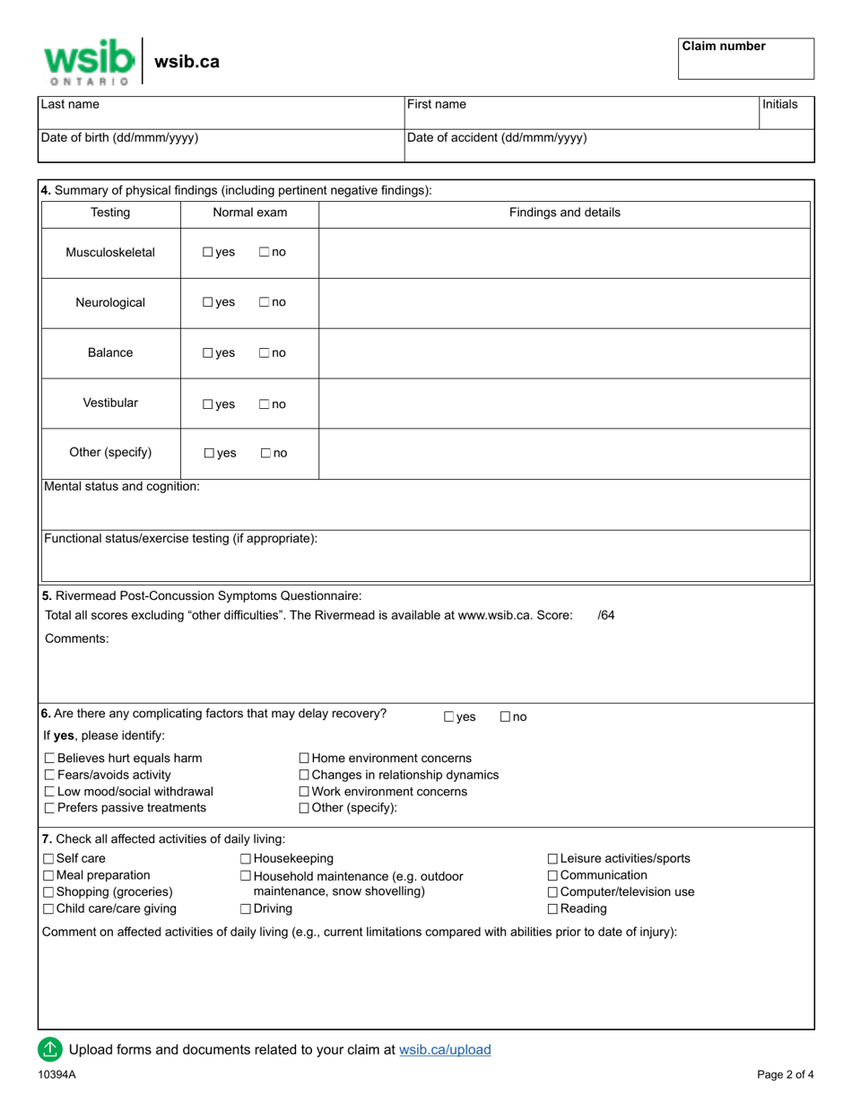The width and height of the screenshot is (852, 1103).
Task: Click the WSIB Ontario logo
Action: [89, 61]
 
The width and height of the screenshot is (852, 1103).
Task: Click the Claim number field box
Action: [745, 59]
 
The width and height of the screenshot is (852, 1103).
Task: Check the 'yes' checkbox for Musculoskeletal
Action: [208, 253]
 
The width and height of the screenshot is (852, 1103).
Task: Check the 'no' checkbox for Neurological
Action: [265, 303]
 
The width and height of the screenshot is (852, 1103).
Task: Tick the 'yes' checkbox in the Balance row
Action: [208, 353]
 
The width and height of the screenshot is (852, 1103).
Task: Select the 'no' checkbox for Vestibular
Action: [265, 404]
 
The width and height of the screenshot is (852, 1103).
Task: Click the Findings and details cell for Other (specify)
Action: [564, 453]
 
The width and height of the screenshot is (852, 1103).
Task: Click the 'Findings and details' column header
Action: [564, 213]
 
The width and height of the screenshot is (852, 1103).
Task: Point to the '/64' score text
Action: [606, 615]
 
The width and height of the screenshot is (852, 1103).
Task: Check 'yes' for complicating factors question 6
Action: [449, 717]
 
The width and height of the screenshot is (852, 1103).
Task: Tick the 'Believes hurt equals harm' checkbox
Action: [49, 759]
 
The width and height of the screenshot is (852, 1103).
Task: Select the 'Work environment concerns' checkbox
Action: [304, 792]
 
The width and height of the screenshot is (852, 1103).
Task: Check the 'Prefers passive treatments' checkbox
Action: [49, 809]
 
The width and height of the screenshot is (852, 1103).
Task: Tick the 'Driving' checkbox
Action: [246, 909]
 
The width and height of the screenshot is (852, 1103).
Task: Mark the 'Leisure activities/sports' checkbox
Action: [552, 859]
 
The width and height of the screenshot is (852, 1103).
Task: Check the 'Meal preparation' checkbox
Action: [49, 875]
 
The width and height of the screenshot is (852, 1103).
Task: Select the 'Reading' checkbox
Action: [552, 909]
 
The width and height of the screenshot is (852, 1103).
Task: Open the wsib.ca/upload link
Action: [445, 1049]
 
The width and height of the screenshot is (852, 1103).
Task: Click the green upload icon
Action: [49, 1048]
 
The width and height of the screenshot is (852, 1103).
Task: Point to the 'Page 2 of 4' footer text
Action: [786, 1074]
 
